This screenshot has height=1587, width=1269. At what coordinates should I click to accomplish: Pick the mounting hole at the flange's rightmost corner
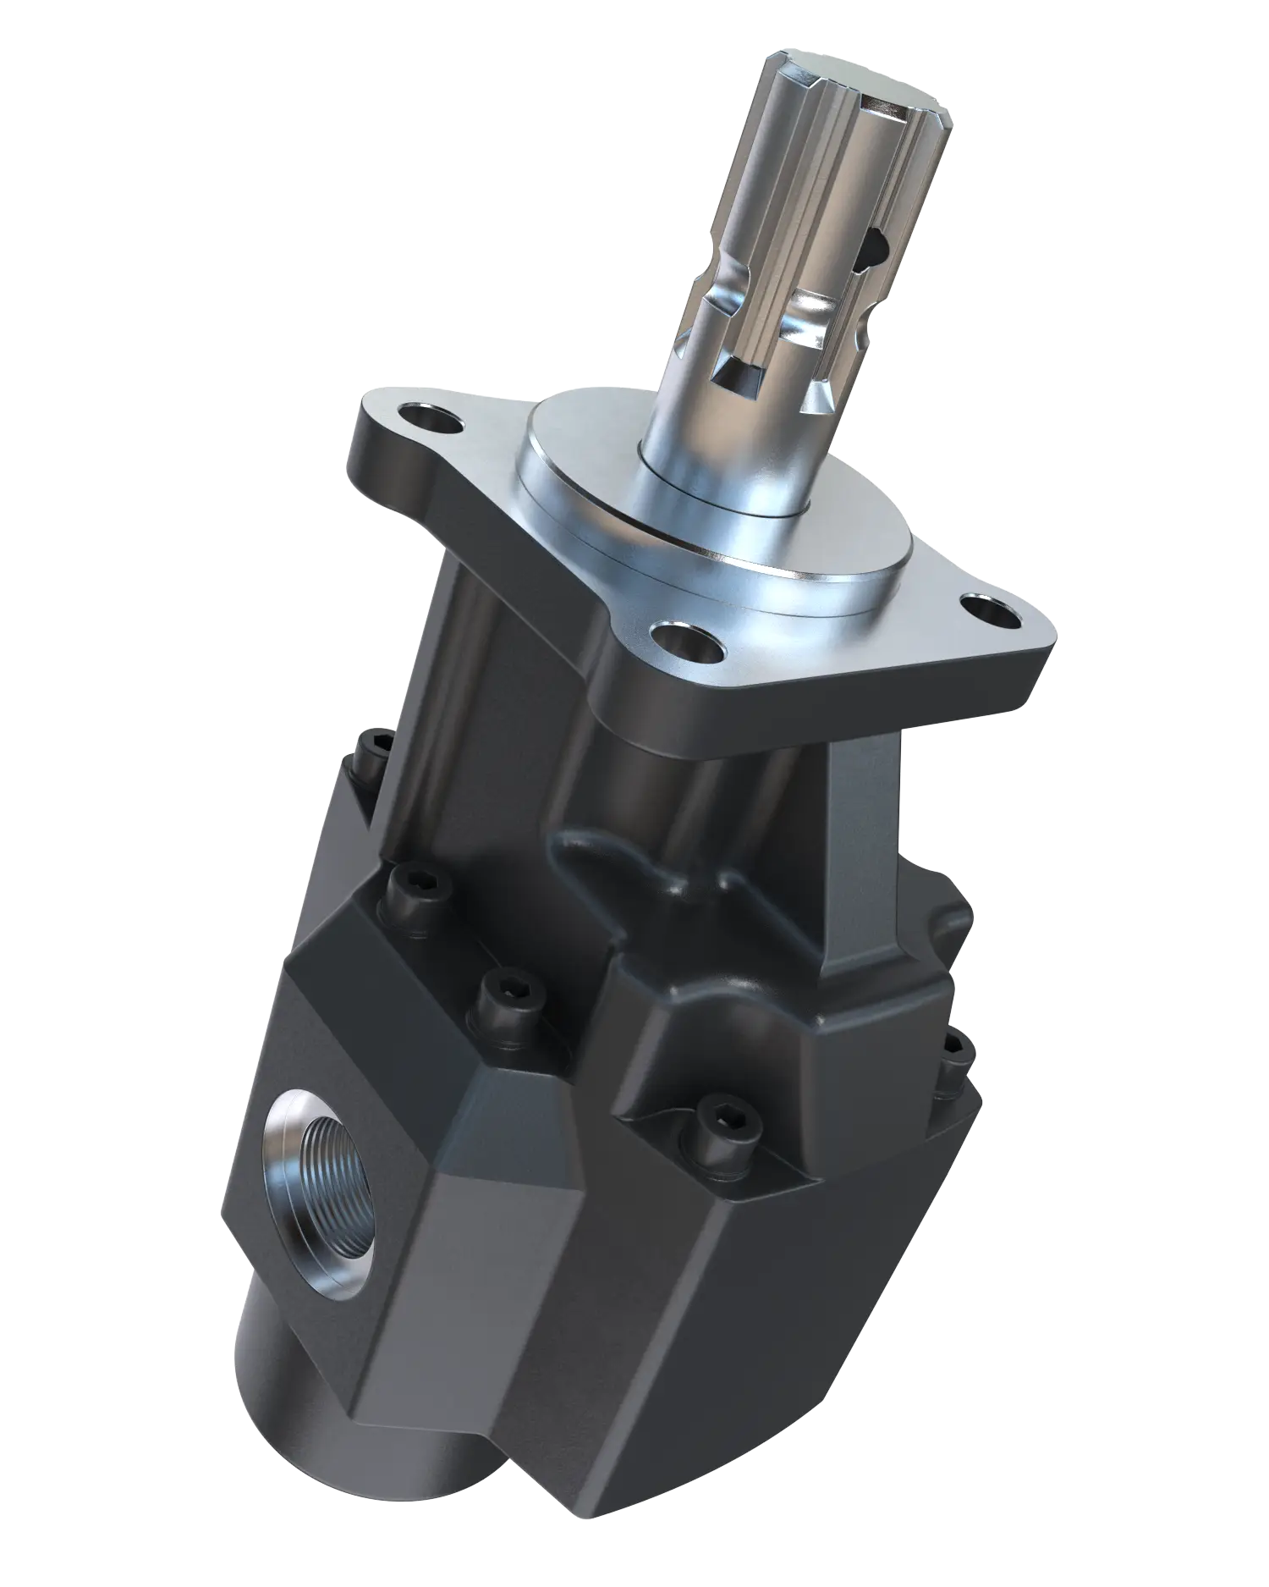pos(986,609)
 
